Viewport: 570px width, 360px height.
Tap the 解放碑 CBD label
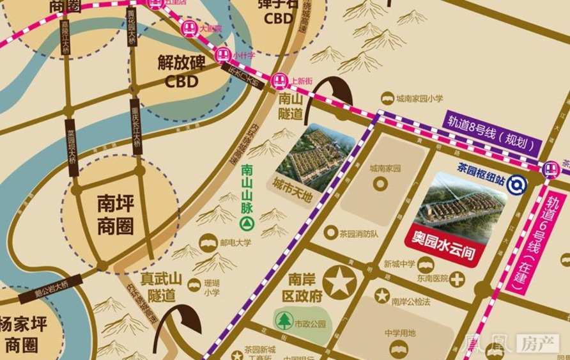(181, 71)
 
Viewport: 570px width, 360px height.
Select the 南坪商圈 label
(116, 215)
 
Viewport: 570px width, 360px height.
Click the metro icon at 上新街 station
(279, 81)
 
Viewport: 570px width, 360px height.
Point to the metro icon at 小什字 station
(222, 55)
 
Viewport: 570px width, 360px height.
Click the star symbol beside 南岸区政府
(340, 282)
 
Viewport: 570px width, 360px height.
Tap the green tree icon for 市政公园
(284, 321)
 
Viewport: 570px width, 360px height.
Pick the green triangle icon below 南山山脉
(246, 224)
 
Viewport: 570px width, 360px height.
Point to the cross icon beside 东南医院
(456, 279)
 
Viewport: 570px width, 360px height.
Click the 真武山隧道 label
(162, 286)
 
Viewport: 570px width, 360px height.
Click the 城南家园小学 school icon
(387, 98)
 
